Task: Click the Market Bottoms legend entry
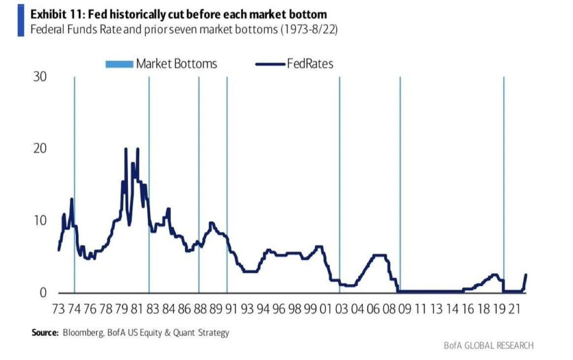pos(161,64)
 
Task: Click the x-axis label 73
pos(58,309)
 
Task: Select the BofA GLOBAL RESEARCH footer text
pos(488,345)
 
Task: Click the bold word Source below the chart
pos(45,333)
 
